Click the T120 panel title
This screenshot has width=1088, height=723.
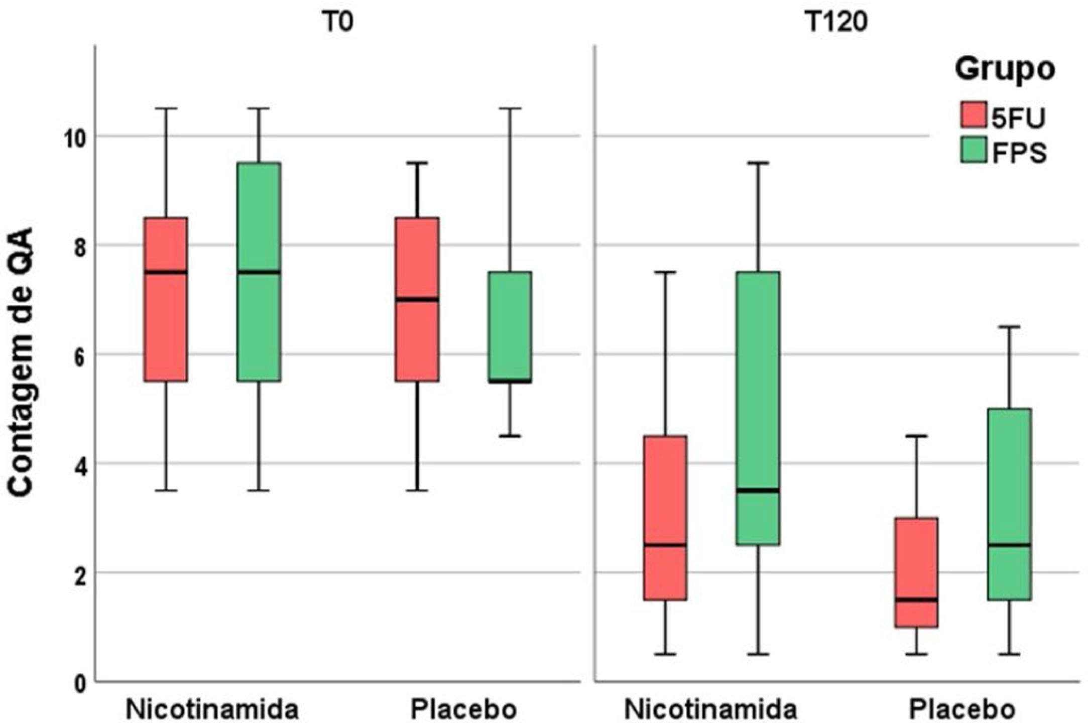(837, 22)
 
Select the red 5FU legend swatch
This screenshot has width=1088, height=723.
(974, 115)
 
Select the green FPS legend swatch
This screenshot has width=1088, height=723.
(974, 150)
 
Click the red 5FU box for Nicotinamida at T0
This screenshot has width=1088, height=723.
(166, 326)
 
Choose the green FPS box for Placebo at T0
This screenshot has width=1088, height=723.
(510, 326)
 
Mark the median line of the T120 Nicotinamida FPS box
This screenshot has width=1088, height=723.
(758, 490)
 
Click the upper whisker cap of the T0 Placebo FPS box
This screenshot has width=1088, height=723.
(510, 108)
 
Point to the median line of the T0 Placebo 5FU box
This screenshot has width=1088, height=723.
(417, 299)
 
